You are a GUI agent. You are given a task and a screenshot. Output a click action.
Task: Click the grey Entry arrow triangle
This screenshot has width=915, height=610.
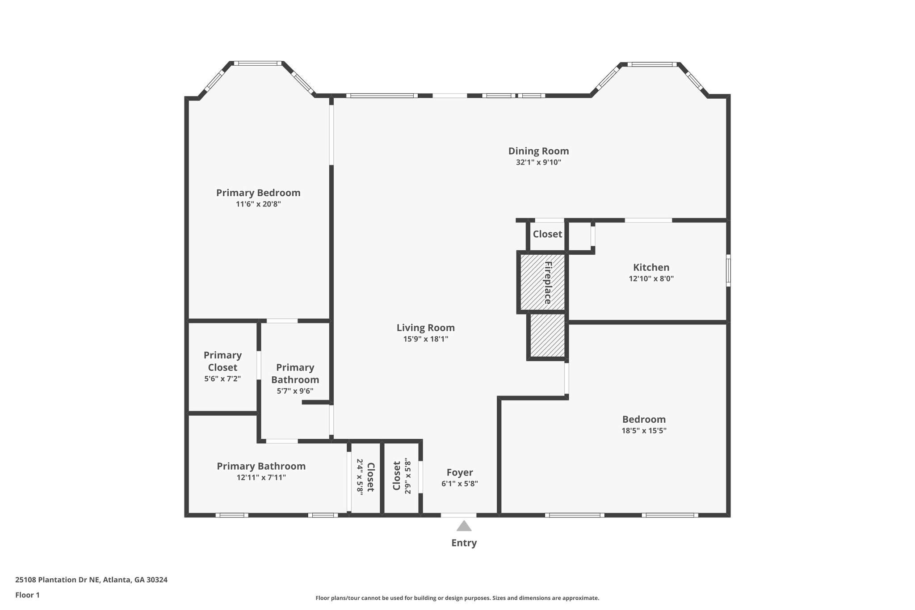(x=464, y=526)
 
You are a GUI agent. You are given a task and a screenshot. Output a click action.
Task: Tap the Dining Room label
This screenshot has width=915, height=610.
(x=538, y=151)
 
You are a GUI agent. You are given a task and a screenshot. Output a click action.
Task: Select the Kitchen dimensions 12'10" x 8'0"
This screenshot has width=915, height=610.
(x=651, y=279)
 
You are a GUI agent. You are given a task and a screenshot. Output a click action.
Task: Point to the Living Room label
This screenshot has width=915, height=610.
(x=425, y=328)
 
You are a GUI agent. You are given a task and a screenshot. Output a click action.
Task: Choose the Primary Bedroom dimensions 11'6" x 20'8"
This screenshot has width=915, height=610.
(x=258, y=204)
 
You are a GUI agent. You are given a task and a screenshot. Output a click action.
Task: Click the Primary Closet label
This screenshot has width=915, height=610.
(x=222, y=361)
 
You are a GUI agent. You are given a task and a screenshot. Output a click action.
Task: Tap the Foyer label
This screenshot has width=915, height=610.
(x=459, y=473)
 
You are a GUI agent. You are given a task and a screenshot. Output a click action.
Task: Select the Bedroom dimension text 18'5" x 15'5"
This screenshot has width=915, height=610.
(x=644, y=431)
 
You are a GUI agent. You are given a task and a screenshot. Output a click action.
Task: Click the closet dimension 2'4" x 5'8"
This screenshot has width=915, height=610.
(x=360, y=476)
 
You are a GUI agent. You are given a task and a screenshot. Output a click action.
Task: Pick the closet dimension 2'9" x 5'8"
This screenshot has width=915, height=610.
(x=407, y=476)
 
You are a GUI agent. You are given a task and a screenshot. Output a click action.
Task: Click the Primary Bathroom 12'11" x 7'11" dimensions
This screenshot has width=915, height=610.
(x=261, y=478)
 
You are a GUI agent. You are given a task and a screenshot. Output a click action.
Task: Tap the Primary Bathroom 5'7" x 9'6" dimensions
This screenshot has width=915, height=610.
(x=295, y=391)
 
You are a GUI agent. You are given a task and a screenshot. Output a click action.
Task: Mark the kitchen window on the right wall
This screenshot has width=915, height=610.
(x=728, y=270)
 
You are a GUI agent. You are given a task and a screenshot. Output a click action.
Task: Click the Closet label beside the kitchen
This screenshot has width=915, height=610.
(x=547, y=234)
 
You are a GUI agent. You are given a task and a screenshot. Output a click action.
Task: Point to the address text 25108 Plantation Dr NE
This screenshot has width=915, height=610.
(x=91, y=580)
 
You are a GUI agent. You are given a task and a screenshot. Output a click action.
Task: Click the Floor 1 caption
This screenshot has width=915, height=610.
(x=27, y=595)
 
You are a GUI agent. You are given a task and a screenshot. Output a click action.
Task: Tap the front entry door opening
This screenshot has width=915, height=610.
(x=459, y=515)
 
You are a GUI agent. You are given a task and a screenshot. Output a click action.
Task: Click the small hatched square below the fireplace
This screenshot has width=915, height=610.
(x=547, y=336)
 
